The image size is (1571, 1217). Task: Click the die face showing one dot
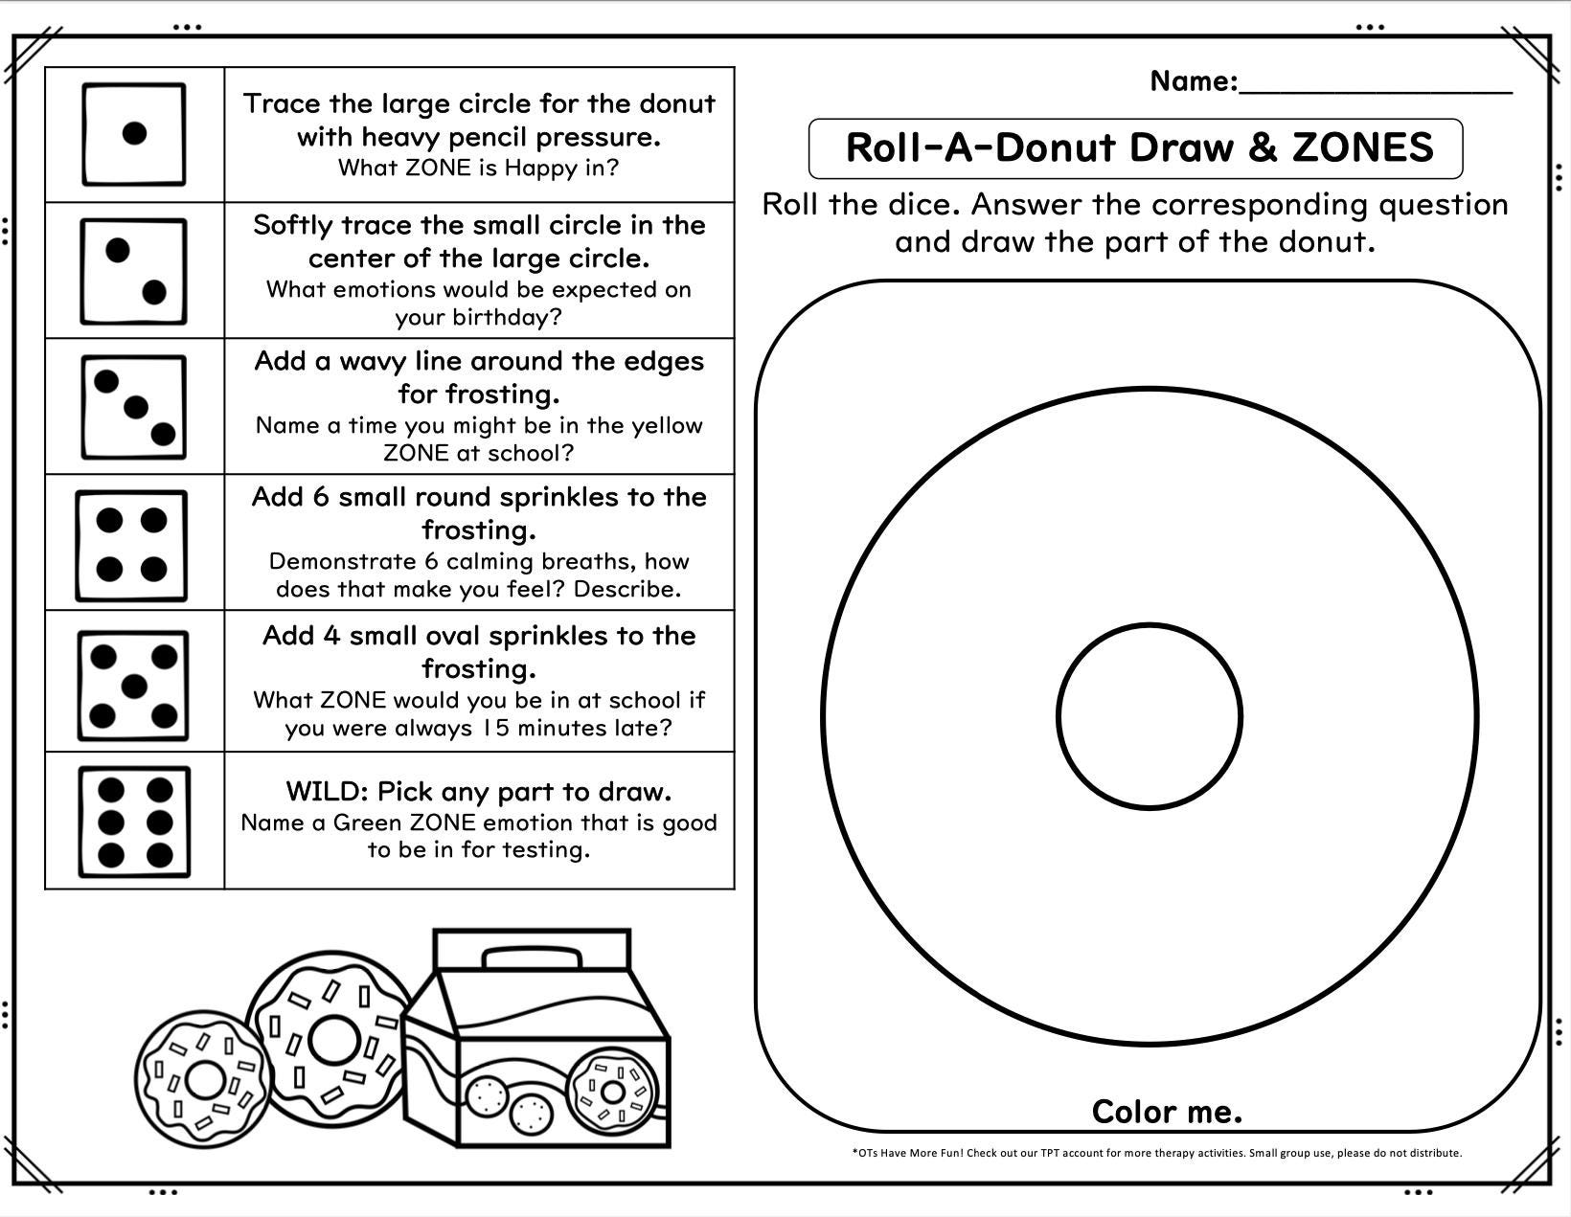134,134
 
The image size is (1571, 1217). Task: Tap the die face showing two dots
134,271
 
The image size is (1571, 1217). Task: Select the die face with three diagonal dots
134,407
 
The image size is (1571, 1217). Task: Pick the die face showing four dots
131,545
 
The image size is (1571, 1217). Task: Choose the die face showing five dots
133,686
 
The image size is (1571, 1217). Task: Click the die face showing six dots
134,822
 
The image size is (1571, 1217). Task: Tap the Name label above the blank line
1194,81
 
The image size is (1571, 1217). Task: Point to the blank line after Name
1376,88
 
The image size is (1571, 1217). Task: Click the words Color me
1167,1112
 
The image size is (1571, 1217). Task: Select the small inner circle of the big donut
1150,716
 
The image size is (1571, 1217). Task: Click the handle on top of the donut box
532,958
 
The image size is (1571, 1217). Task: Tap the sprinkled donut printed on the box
611,1093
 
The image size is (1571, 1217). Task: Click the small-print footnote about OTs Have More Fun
1156,1153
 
